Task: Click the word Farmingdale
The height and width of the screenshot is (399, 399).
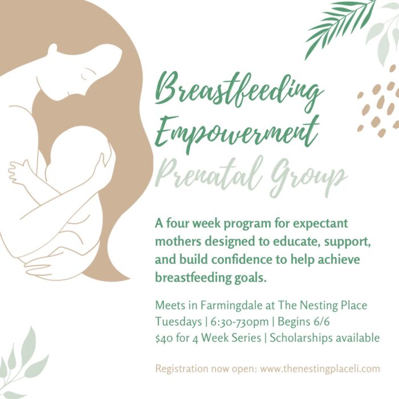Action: [x=231, y=306]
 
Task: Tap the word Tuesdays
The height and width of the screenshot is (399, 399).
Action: [x=178, y=321]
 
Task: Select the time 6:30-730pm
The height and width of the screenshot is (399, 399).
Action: [x=240, y=322]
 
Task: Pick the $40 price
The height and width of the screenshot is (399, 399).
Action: [x=164, y=339]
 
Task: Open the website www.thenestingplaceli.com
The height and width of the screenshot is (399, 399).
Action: [x=320, y=369]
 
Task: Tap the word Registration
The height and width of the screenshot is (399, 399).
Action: [x=182, y=369]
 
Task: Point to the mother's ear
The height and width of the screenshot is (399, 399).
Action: [x=53, y=49]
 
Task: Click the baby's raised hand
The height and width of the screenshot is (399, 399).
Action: [x=18, y=171]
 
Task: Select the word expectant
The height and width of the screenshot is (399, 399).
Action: [x=320, y=224]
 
